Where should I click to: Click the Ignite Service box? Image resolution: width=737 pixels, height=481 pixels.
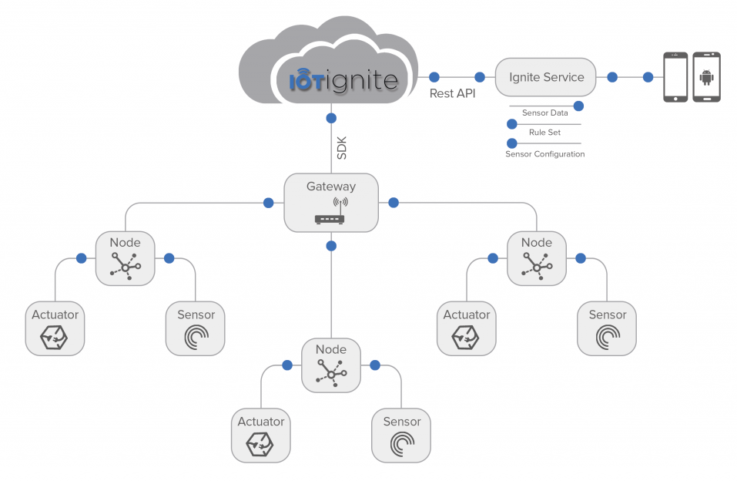point(545,77)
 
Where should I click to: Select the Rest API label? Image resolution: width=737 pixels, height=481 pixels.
point(452,94)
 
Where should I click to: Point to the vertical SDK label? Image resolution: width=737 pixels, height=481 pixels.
point(342,148)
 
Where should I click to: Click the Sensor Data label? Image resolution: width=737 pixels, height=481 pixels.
point(544,113)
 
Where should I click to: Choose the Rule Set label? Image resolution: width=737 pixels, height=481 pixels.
point(544,133)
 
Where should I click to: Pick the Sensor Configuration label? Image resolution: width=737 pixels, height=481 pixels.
point(544,154)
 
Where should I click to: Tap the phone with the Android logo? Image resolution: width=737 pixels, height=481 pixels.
point(706,77)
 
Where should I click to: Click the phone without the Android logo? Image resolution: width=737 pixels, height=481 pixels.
point(675,77)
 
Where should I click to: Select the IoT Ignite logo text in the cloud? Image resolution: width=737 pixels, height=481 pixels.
point(343,80)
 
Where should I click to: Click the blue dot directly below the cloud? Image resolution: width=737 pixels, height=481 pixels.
point(331,118)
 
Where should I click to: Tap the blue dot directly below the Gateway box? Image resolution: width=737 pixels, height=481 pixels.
point(331,246)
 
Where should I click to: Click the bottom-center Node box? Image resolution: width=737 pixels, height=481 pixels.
point(331,365)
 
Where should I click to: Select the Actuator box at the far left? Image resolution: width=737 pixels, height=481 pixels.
point(55,328)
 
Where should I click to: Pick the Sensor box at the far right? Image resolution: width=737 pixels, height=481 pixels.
point(607,328)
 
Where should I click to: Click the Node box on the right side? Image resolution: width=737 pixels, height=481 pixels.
point(537,258)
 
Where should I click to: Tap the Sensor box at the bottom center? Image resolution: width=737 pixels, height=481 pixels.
point(401,436)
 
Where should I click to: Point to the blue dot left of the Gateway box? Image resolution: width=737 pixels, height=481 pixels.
point(268,203)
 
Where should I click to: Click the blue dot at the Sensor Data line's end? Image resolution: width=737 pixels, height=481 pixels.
point(578,106)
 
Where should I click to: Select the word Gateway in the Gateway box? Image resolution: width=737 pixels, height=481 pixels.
point(331,187)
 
